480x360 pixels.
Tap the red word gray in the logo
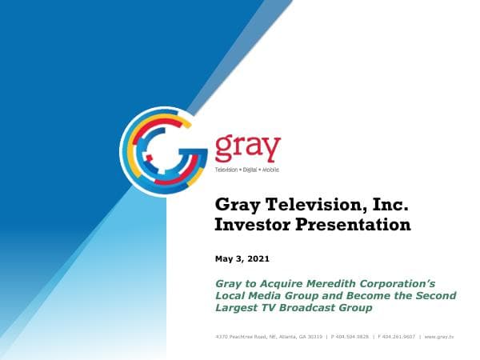tap(248, 148)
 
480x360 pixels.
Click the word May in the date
tap(224, 259)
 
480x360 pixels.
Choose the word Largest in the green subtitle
tap(242, 307)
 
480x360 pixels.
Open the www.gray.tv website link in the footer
tap(439, 337)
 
